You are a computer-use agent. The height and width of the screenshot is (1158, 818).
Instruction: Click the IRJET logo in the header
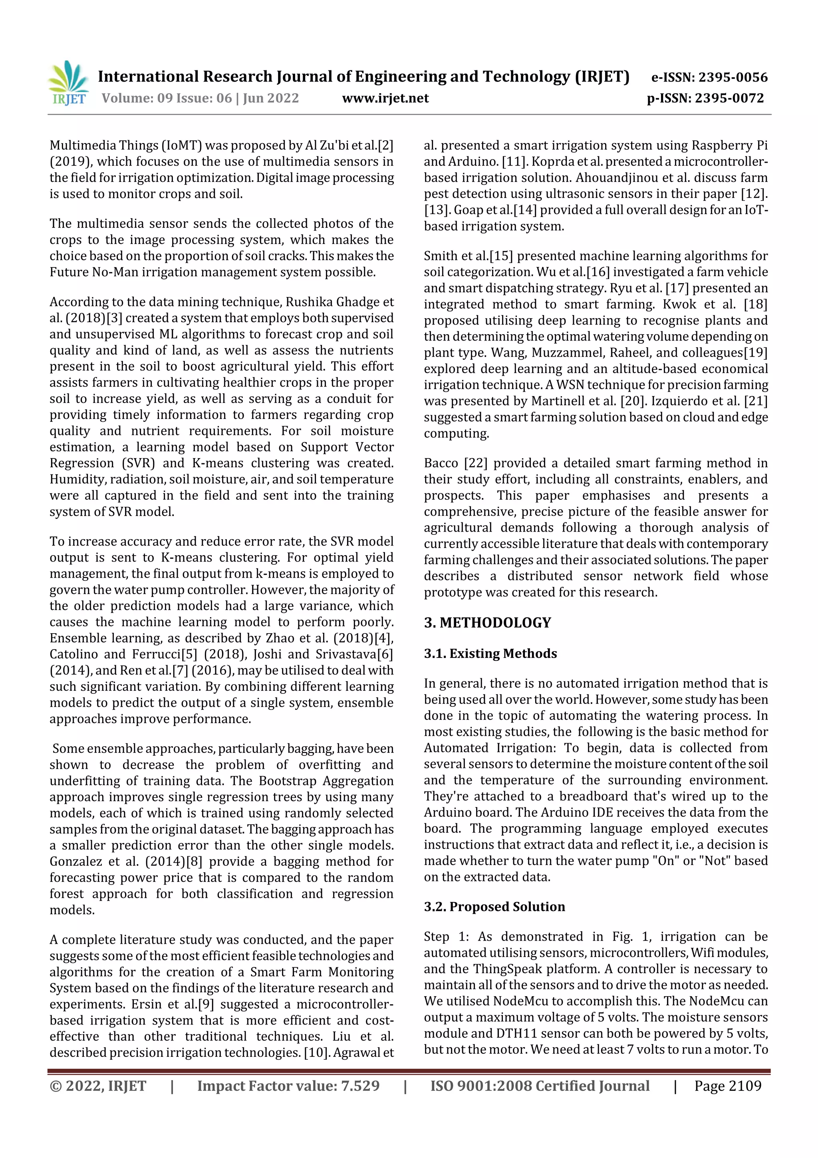click(69, 83)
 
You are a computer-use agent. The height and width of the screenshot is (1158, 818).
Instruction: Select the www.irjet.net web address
click(385, 98)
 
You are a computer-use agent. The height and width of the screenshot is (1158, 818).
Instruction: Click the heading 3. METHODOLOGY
click(487, 622)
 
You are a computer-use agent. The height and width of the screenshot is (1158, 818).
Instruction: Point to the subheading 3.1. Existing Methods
click(490, 653)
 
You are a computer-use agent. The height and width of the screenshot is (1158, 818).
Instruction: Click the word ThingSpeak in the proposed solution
click(500, 969)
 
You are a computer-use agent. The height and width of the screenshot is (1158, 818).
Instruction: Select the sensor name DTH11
click(516, 1033)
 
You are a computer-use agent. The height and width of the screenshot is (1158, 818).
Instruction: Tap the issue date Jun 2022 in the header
click(271, 98)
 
